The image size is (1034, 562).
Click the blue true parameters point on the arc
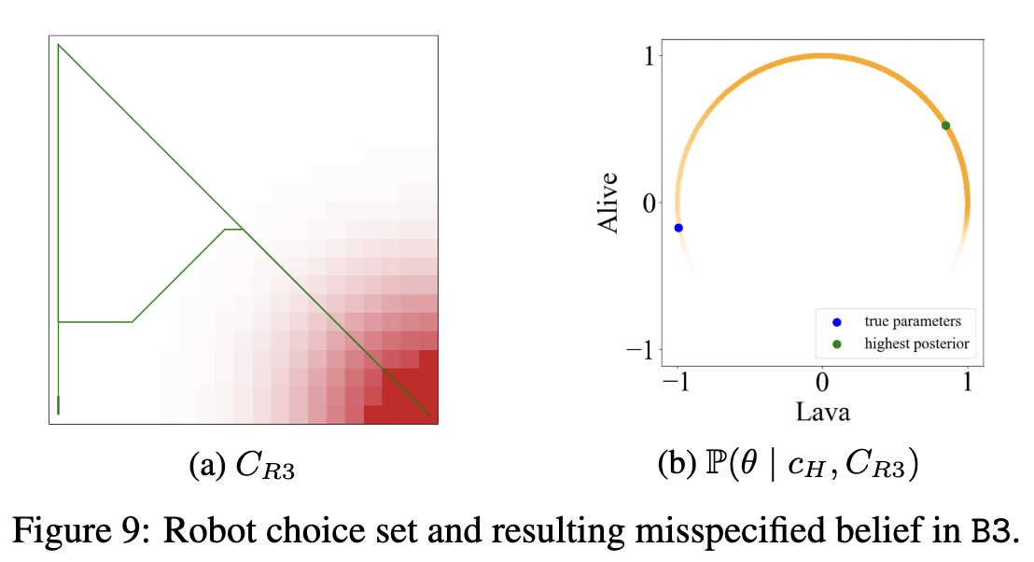pos(678,228)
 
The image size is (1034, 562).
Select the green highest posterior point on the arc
pos(945,125)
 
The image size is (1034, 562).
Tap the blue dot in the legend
pos(836,322)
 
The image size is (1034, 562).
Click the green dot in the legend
pos(836,344)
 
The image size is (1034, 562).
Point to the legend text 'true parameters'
pos(913,322)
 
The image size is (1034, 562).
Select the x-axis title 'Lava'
pos(822,410)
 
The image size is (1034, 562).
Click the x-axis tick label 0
pos(822,383)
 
